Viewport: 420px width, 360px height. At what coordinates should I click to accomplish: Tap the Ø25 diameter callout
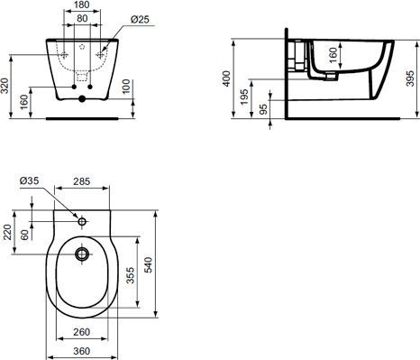click(139, 19)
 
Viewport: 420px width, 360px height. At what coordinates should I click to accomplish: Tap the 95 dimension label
click(264, 109)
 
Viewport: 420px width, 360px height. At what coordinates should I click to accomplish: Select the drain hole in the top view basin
click(83, 255)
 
